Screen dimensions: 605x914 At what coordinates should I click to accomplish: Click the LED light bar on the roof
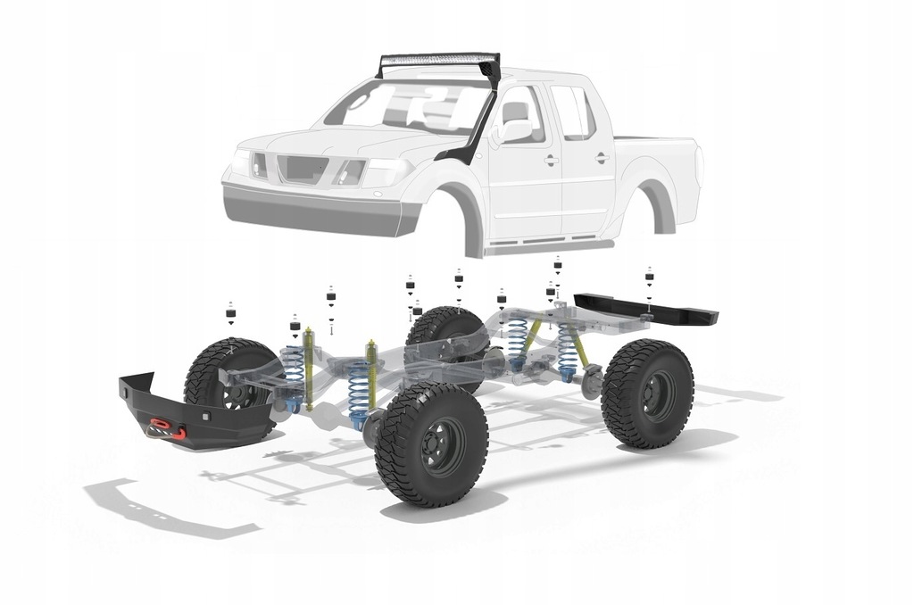[x=437, y=62]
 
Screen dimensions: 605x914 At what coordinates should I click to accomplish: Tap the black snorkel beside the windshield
[x=478, y=134]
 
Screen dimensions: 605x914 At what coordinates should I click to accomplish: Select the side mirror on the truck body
[x=515, y=129]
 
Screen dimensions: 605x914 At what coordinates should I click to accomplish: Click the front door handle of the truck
[x=551, y=161]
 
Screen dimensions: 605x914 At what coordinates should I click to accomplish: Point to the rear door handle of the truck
[x=602, y=158]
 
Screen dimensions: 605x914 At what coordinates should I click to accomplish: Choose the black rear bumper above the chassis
[x=647, y=308]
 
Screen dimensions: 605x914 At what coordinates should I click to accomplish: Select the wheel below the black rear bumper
[x=648, y=393]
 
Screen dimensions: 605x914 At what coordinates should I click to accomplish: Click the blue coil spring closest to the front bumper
[x=293, y=373]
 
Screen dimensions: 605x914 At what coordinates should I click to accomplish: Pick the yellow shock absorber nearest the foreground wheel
[x=371, y=375]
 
